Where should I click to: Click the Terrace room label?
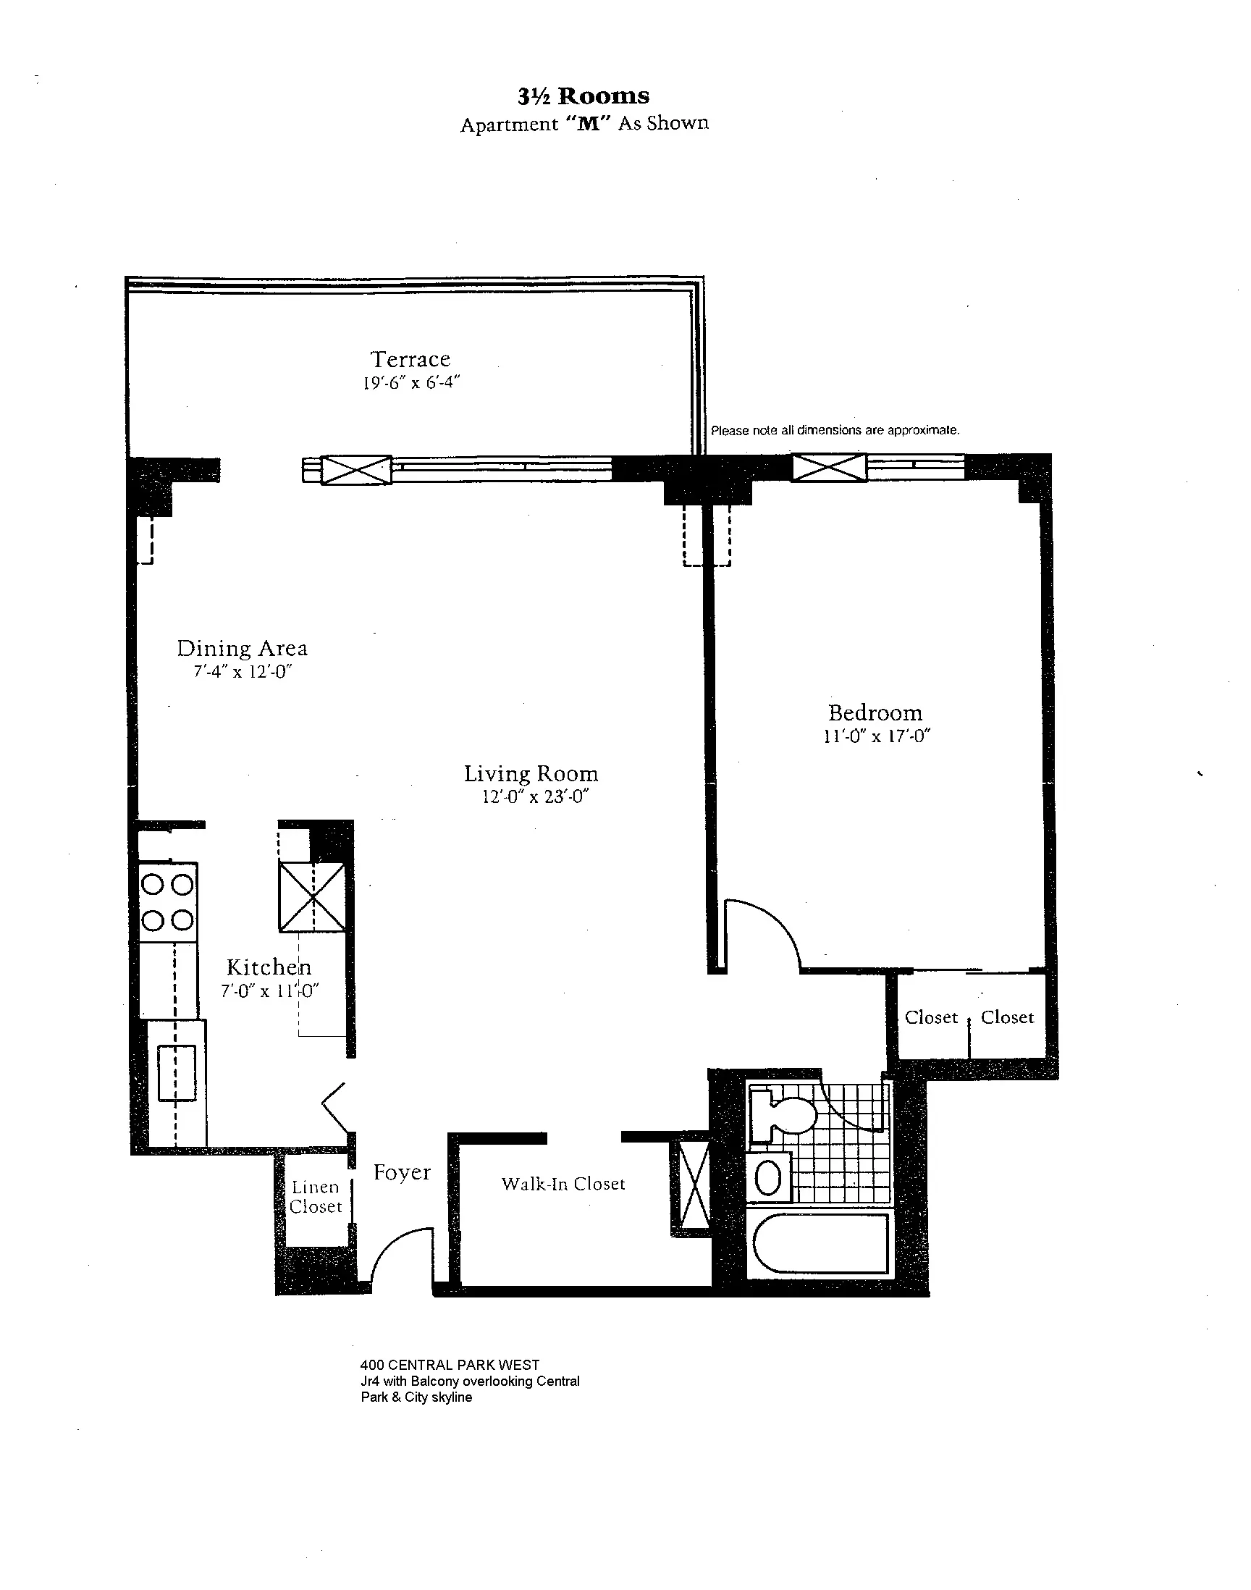coord(410,359)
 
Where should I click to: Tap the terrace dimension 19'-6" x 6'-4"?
coord(411,382)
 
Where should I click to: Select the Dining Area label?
coord(242,648)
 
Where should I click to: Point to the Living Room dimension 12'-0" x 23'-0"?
coord(536,797)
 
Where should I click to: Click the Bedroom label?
coord(875,712)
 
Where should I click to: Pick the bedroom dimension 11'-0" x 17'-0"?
coord(876,736)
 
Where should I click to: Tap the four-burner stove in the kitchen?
coord(168,902)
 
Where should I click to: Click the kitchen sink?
coord(177,1073)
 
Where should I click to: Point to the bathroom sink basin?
coord(767,1179)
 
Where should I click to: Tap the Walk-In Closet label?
coord(563,1185)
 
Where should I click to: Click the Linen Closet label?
coord(315,1197)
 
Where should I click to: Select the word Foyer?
coord(401,1172)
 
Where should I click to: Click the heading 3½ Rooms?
coord(583,96)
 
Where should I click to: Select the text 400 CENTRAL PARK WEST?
coord(449,1365)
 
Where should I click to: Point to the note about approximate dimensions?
coord(834,431)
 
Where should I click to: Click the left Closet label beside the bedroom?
coord(931,1017)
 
